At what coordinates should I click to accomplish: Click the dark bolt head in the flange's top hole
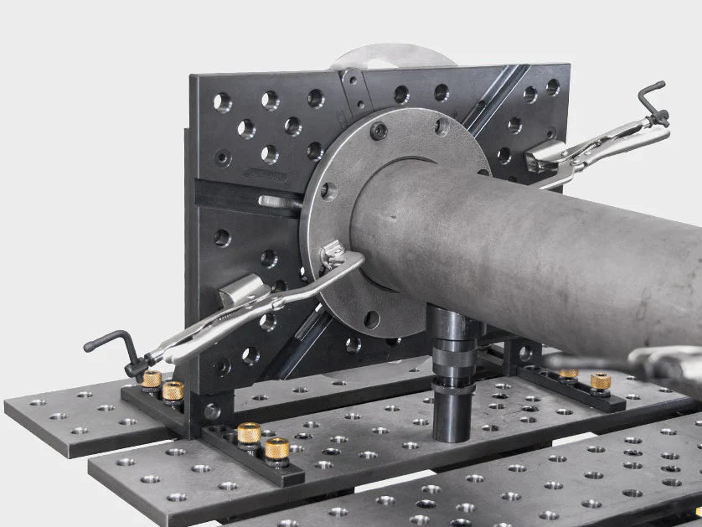(x=379, y=131)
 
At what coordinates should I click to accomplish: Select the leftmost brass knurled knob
(x=152, y=381)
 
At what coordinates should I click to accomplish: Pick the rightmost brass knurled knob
(x=600, y=382)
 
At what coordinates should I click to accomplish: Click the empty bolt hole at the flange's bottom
(x=372, y=318)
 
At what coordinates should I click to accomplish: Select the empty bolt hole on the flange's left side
(x=328, y=191)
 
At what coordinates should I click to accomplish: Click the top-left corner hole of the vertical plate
(x=222, y=102)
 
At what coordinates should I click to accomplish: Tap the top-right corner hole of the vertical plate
(x=553, y=86)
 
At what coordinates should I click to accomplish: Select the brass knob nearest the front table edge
(x=277, y=450)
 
